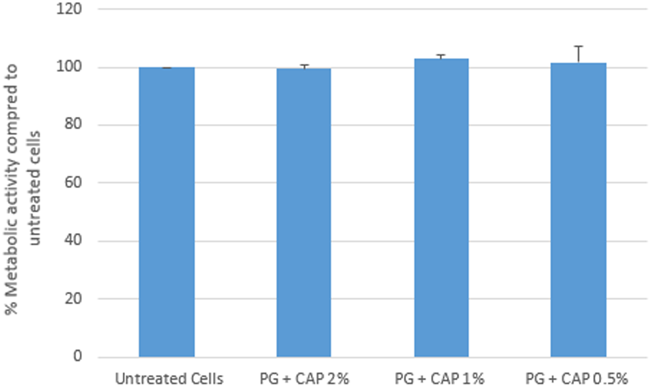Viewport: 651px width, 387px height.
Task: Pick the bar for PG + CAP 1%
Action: click(x=441, y=208)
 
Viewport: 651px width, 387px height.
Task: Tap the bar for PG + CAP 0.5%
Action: click(x=578, y=210)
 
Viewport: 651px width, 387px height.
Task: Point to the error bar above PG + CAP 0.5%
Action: click(x=578, y=54)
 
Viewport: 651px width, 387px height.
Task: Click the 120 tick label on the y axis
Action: click(x=69, y=9)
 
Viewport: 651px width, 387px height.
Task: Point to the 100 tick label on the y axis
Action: click(x=69, y=67)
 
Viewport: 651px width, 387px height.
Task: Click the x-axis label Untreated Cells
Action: click(x=169, y=379)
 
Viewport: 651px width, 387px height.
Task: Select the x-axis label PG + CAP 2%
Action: click(x=304, y=379)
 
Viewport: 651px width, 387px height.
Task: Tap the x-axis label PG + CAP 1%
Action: click(x=439, y=379)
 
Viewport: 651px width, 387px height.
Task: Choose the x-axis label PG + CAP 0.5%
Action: click(x=576, y=379)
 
